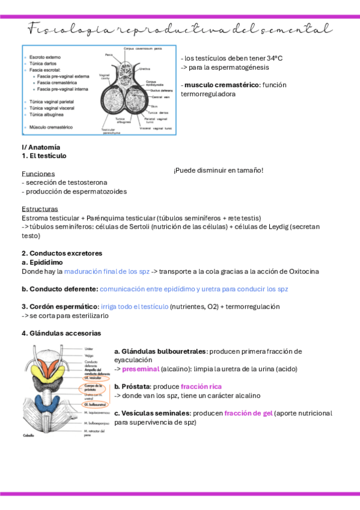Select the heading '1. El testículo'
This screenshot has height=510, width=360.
(44, 156)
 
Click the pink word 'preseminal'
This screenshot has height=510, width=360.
(141, 369)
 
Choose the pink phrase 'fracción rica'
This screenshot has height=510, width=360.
(201, 386)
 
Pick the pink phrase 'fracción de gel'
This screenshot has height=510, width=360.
(248, 413)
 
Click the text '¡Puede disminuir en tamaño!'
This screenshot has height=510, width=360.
(218, 171)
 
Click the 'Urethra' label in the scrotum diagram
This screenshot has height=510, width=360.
(144, 69)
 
